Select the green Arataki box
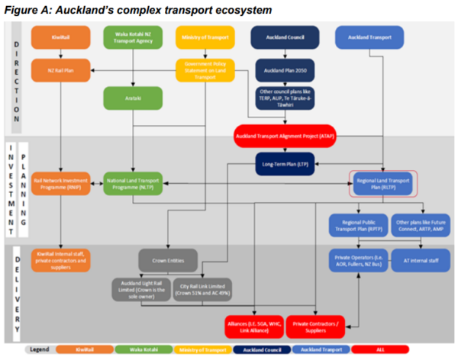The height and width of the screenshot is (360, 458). [134, 97]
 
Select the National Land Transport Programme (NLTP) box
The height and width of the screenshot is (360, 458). [134, 183]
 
